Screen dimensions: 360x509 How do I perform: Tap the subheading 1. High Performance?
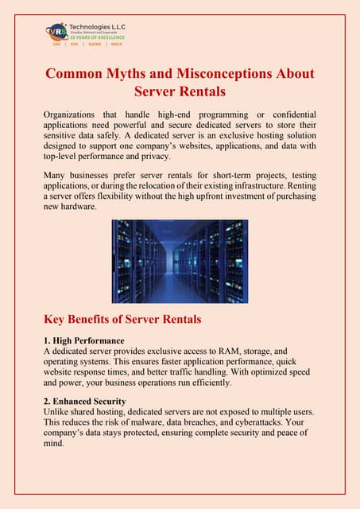click(83, 340)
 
